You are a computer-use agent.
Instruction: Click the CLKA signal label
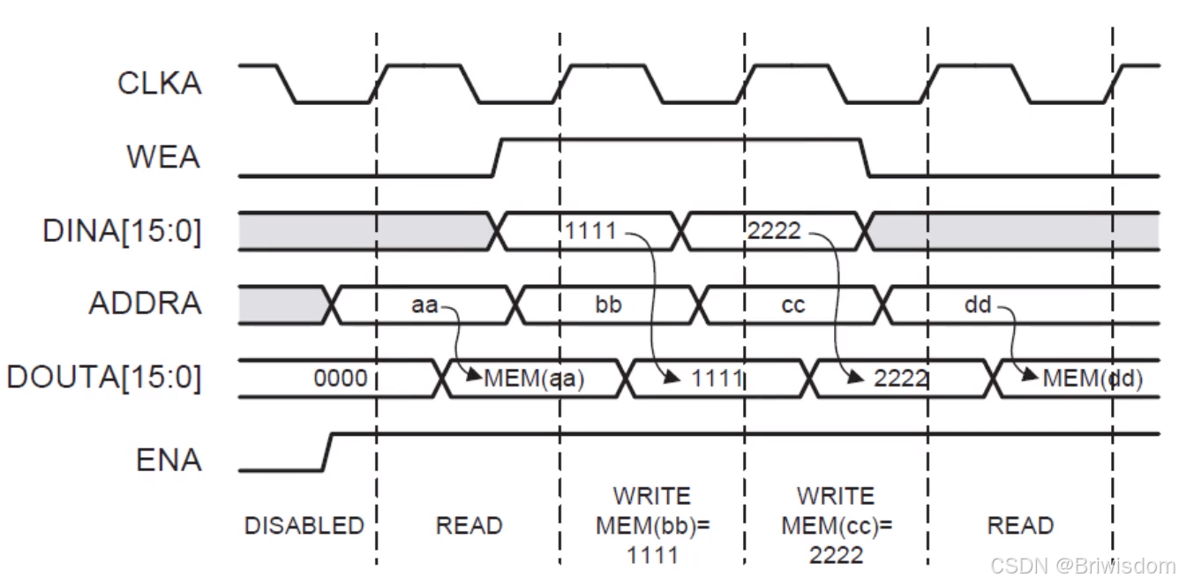[159, 84]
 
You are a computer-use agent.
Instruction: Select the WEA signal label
[163, 158]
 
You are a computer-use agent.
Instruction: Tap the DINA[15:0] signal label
[121, 231]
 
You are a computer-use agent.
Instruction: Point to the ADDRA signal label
[145, 304]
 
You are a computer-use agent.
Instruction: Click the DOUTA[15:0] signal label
[104, 378]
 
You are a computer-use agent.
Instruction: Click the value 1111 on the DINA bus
[591, 232]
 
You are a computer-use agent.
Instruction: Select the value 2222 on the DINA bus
[774, 231]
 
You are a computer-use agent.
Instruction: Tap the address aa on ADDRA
[424, 305]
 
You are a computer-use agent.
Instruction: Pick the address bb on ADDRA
[608, 305]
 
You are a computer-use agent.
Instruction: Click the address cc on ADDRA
[793, 305]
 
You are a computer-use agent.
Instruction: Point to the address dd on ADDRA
[978, 305]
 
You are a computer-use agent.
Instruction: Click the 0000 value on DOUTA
[340, 379]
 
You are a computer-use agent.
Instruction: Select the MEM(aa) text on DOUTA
[534, 379]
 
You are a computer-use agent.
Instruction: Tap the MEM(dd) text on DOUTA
[1093, 379]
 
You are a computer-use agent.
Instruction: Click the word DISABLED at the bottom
[304, 526]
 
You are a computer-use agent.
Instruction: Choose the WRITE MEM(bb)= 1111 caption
[652, 525]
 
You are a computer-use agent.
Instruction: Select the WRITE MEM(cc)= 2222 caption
[836, 525]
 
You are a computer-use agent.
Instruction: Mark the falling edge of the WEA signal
[866, 158]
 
